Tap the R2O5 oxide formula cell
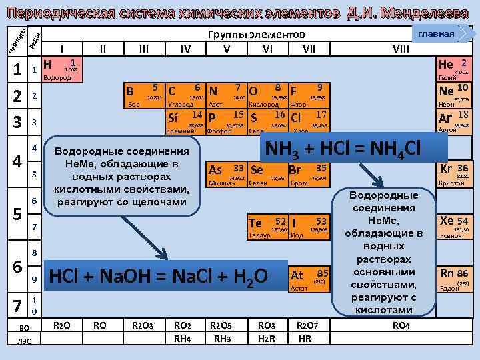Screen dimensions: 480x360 click(x=220, y=325)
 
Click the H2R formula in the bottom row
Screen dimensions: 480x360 click(x=266, y=338)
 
